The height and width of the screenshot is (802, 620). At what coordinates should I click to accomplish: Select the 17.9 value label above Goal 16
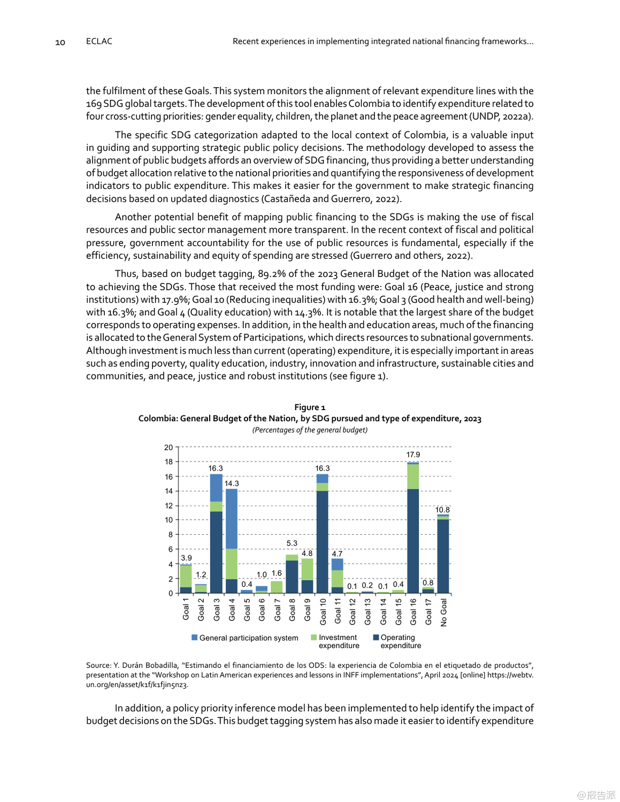coord(413,454)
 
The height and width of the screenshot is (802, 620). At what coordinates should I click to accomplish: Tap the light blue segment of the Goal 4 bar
coord(232,519)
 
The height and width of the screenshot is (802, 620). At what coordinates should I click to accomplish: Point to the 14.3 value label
coord(232,483)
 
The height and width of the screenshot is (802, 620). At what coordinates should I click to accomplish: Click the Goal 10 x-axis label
coord(323,611)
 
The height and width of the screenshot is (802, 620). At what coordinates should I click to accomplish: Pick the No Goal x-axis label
coord(443,612)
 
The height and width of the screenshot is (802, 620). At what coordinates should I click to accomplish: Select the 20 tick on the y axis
coord(169,448)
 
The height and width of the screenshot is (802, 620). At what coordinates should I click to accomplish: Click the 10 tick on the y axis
coord(169,520)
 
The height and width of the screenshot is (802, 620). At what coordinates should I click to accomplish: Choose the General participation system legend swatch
coord(195,637)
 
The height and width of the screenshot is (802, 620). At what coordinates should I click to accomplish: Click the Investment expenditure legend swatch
coord(314,637)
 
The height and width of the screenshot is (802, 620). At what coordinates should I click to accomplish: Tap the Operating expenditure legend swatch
coord(376,637)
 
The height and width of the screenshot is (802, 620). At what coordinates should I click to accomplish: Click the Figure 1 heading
coord(310,407)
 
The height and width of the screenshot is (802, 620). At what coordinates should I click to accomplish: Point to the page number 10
coord(60,42)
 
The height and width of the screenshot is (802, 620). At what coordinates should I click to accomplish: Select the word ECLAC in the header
coord(99,41)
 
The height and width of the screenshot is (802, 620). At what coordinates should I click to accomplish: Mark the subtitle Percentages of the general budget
coord(310,430)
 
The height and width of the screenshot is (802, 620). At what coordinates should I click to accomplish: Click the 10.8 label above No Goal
coord(442,510)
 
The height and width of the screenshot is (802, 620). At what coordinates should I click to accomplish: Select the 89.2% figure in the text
coord(271,274)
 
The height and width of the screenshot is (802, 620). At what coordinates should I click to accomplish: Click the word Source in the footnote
coord(98,666)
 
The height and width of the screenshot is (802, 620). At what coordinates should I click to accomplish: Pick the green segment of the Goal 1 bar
coord(186,576)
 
